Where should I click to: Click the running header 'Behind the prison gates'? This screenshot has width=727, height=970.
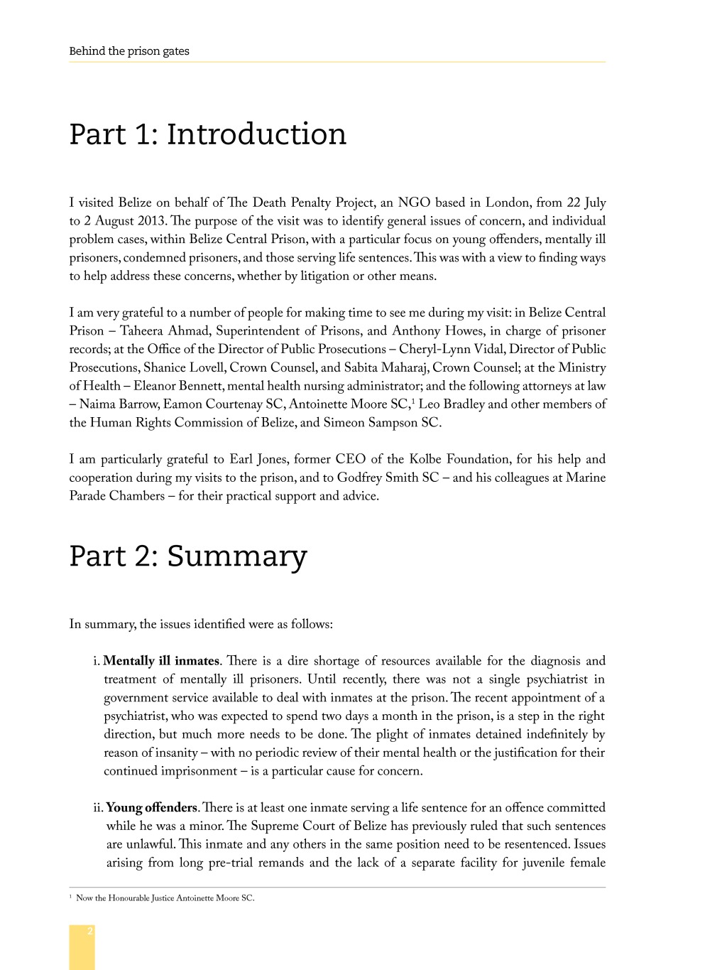pyautogui.click(x=129, y=51)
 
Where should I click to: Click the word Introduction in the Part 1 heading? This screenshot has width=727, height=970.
pyautogui.click(x=256, y=134)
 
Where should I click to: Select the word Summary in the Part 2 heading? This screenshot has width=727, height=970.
pyautogui.click(x=236, y=556)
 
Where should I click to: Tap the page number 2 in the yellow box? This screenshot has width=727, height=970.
pyautogui.click(x=89, y=931)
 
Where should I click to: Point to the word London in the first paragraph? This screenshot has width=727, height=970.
pyautogui.click(x=506, y=203)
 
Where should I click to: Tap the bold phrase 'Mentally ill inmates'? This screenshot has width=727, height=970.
pyautogui.click(x=161, y=661)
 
